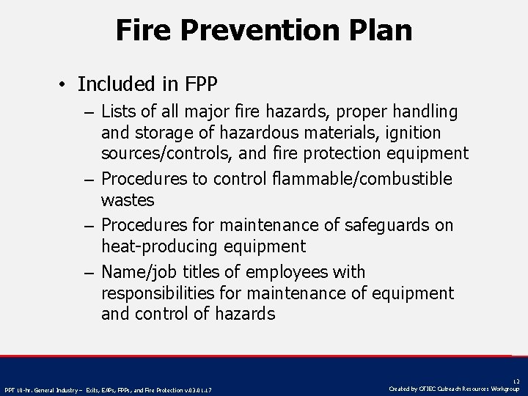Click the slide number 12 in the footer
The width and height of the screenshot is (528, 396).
click(516, 382)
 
